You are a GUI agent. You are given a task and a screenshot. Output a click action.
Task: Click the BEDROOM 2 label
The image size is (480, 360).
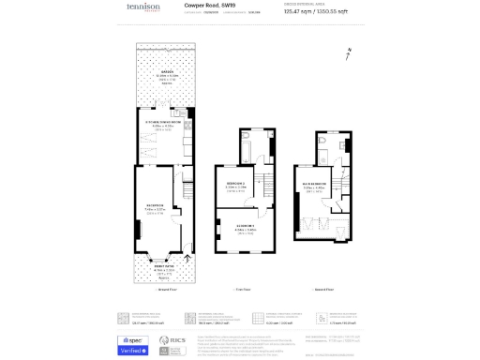[235, 184]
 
